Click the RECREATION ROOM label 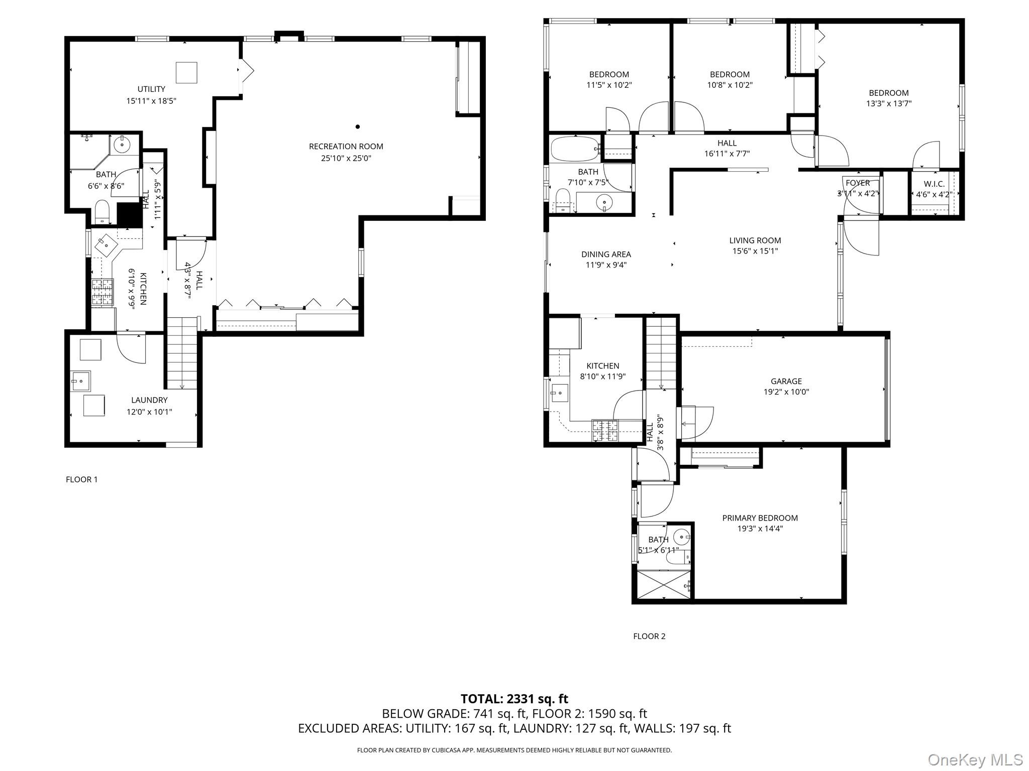pos(346,147)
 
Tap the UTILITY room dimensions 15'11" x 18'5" pos(151,101)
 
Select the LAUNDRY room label pos(149,400)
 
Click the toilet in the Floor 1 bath pos(102,211)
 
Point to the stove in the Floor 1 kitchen pos(102,292)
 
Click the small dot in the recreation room pos(358,126)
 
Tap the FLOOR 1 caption pos(81,479)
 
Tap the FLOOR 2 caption pos(649,636)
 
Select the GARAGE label pos(786,381)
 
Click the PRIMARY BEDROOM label pos(760,518)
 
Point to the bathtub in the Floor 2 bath pos(574,148)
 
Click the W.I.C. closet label pos(934,184)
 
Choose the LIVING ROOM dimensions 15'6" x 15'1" pos(755,251)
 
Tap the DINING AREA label pos(606,254)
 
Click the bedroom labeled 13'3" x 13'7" pos(888,98)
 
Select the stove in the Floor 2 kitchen pos(605,430)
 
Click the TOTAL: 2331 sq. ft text pos(514,699)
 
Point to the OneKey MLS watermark pos(975,759)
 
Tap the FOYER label pos(858,183)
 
